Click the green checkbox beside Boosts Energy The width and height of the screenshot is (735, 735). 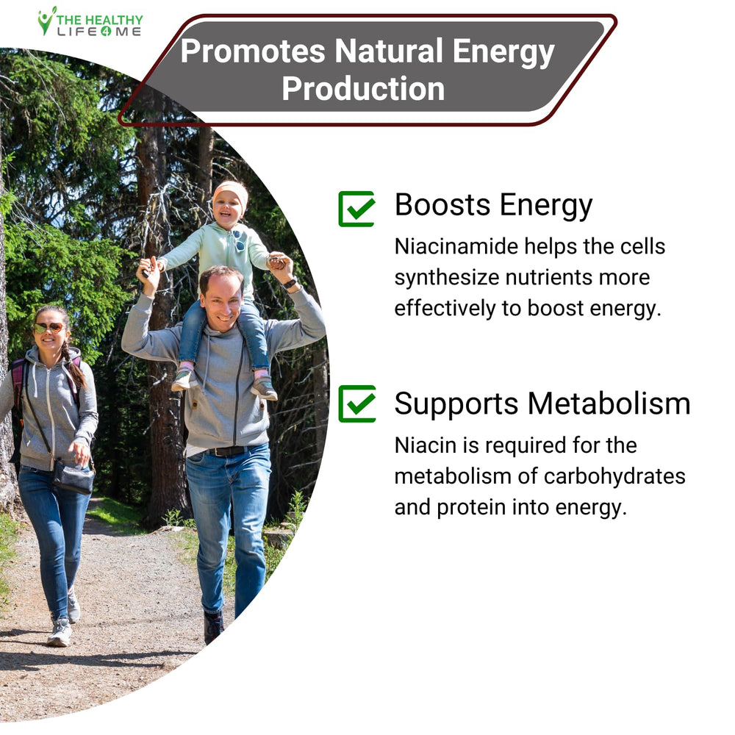click(356, 209)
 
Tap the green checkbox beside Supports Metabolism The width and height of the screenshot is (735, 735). click(356, 404)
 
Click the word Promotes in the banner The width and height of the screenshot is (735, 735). click(253, 51)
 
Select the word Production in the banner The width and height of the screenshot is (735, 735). click(363, 89)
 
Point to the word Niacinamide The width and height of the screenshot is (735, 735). click(456, 246)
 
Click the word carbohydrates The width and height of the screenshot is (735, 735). click(614, 477)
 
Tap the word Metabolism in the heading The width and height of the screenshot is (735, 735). click(609, 404)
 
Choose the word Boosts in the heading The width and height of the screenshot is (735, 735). click(442, 205)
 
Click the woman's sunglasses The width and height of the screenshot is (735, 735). click(49, 328)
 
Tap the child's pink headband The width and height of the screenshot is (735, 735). click(231, 192)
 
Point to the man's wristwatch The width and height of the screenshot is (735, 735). click(290, 283)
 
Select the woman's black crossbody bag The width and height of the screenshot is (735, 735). click(73, 477)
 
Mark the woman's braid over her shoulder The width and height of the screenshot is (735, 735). click(74, 364)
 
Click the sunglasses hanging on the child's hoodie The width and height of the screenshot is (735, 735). click(239, 240)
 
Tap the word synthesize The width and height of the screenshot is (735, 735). click(446, 279)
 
